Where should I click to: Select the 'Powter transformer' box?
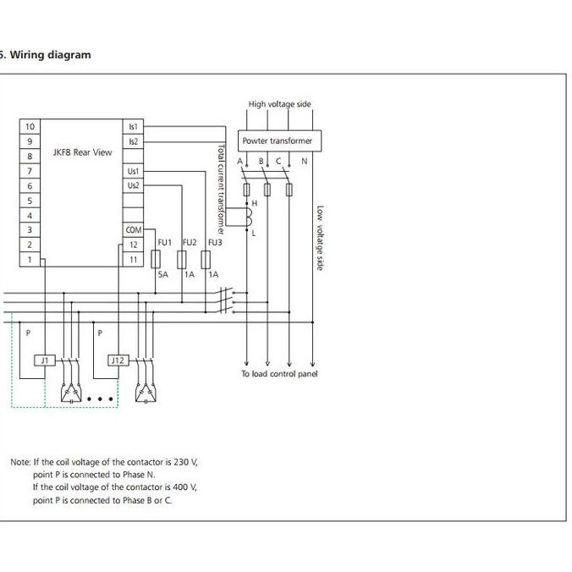[x=277, y=140]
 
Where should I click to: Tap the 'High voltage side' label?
[x=279, y=104]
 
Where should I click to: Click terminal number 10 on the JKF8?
[x=30, y=126]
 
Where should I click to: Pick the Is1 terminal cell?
[x=133, y=126]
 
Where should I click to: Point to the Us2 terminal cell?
[x=133, y=185]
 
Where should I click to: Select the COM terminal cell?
[x=133, y=230]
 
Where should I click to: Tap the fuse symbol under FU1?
[x=157, y=259]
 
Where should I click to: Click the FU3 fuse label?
[x=215, y=243]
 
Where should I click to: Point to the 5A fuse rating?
[x=163, y=275]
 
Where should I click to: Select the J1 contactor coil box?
[x=44, y=360]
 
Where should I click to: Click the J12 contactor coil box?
[x=118, y=360]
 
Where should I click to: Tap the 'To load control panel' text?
[x=279, y=373]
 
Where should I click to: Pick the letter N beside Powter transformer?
[x=305, y=161]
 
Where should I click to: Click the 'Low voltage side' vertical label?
[x=320, y=238]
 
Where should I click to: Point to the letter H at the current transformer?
[x=254, y=204]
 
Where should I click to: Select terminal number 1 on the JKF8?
[x=30, y=260]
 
